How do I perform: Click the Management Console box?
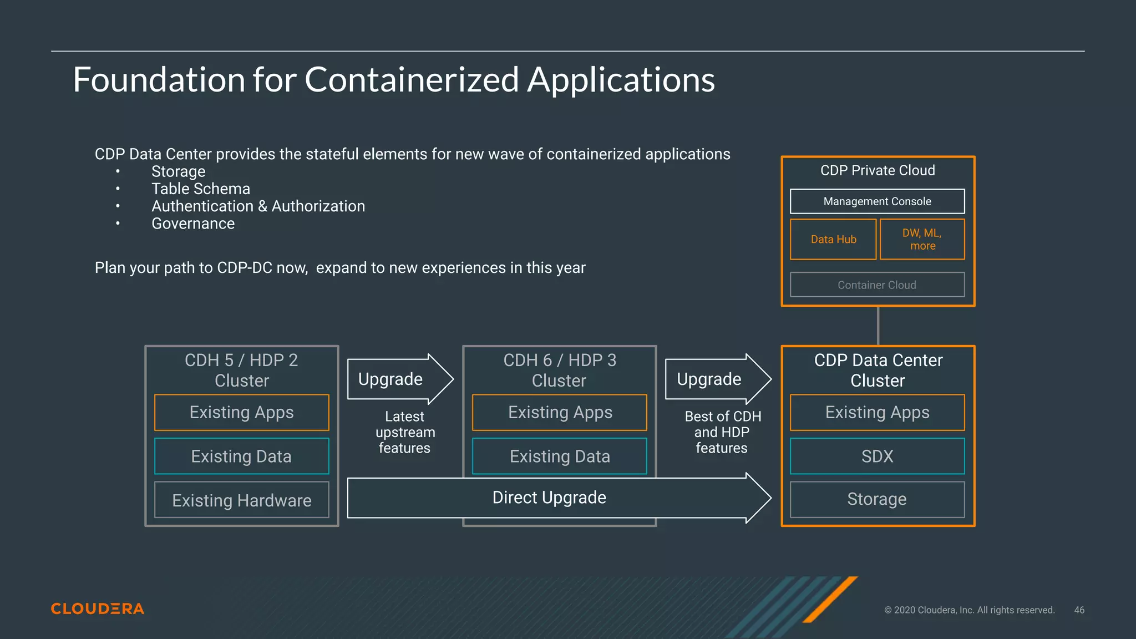coord(877,201)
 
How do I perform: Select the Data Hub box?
coord(833,239)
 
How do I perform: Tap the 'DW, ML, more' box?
coord(922,239)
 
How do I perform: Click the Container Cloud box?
coord(877,285)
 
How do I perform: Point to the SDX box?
coord(877,456)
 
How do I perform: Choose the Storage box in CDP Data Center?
coord(877,499)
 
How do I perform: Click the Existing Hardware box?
coord(242,500)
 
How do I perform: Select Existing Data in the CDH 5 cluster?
coord(242,456)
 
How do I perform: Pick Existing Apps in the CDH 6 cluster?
coord(560,412)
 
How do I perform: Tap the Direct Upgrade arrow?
coord(549,498)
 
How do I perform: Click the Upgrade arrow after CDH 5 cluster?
coord(394,379)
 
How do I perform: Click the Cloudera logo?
coord(98,608)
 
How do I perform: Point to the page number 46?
coord(1079,610)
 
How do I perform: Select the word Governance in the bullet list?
coord(193,224)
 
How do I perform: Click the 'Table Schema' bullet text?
coord(201,189)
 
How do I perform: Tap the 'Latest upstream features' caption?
coord(405,432)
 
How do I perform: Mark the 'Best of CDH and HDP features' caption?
coord(722,432)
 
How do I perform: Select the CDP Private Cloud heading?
coord(878,170)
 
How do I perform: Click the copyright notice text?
coord(969,610)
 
